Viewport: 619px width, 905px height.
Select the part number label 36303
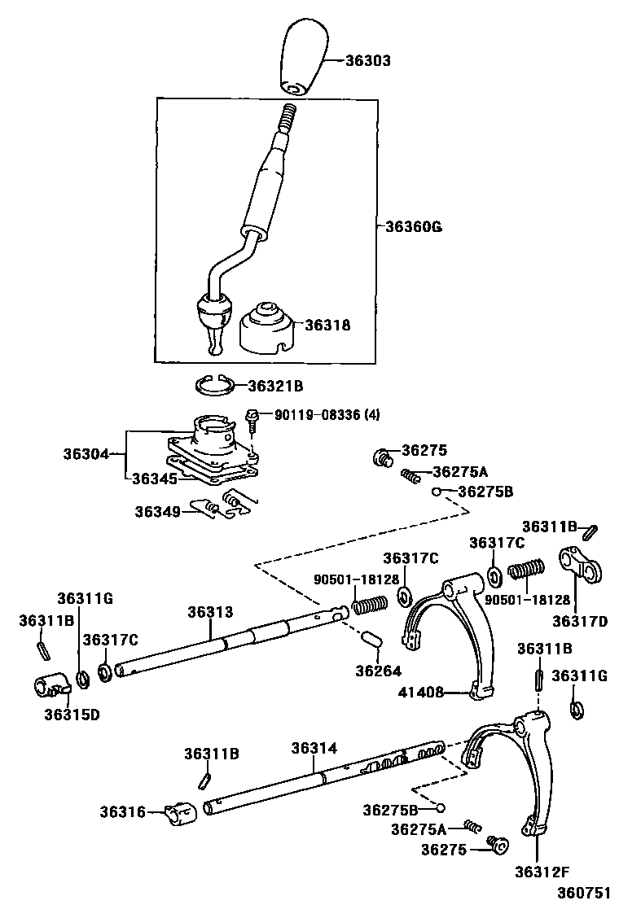point(368,61)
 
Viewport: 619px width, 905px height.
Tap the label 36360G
point(414,226)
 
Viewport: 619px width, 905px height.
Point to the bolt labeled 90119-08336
point(253,419)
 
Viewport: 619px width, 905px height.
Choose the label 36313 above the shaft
point(210,613)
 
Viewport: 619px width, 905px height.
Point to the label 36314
point(314,748)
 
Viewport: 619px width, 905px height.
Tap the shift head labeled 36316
point(181,812)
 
